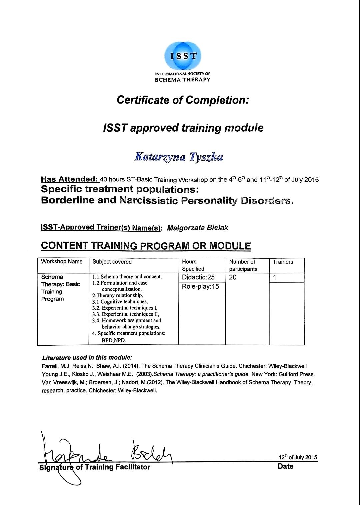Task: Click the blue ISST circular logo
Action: (x=183, y=56)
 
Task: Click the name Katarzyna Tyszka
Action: (x=179, y=157)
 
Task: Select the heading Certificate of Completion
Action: (x=183, y=100)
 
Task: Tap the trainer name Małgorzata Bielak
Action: (x=197, y=228)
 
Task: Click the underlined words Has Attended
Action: (x=70, y=179)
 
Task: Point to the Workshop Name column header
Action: (x=62, y=262)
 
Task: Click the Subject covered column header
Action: (x=112, y=262)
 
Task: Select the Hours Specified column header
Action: (x=193, y=265)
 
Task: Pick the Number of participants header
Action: (x=243, y=265)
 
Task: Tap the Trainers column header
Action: (x=283, y=262)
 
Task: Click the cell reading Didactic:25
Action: (x=198, y=277)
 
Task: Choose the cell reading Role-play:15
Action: (x=200, y=286)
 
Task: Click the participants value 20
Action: (x=233, y=277)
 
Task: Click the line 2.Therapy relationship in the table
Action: (x=118, y=295)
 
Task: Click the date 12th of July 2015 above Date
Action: (x=298, y=457)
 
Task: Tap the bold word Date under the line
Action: (x=285, y=466)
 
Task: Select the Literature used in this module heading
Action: (x=87, y=358)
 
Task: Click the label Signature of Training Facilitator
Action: (x=95, y=467)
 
